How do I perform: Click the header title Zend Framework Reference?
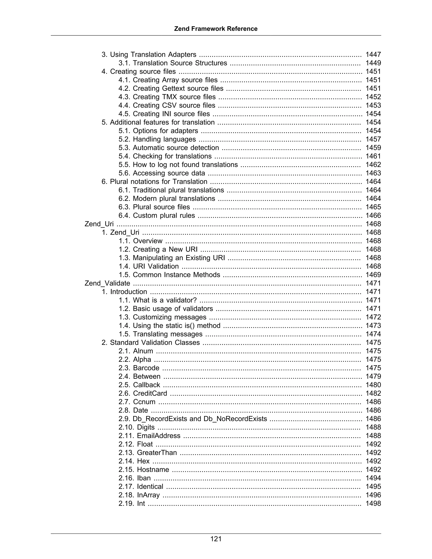(216, 29)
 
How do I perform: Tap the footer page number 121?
(216, 539)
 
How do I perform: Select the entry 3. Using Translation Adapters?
(149, 54)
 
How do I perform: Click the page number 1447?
(373, 54)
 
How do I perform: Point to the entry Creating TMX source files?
(174, 97)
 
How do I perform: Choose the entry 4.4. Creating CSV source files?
(167, 105)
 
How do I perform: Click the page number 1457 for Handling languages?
(373, 139)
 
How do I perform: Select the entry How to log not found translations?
(185, 165)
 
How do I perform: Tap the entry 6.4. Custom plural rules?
(157, 216)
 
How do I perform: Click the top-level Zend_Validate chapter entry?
(107, 283)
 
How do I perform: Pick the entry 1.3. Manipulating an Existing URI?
(172, 258)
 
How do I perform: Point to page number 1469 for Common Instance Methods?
(373, 275)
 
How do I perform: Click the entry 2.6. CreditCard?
(143, 393)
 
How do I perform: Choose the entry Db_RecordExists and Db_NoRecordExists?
(193, 419)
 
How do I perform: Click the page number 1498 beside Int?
(373, 504)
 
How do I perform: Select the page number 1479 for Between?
(373, 376)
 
